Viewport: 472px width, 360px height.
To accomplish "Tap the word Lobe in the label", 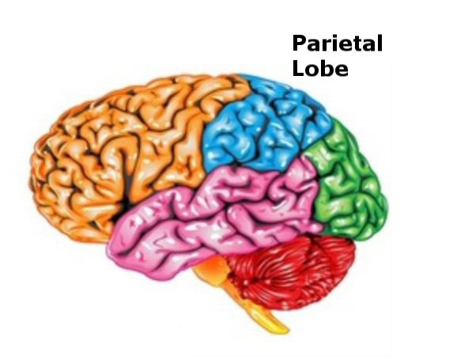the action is [320, 68].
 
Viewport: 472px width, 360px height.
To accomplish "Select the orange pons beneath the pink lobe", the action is [211, 268].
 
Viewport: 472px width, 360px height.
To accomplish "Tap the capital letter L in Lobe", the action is [298, 68].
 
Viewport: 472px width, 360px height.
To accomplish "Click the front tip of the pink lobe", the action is [109, 250].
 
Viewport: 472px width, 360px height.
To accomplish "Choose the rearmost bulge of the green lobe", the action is [386, 208].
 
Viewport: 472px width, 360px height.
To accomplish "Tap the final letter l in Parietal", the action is [380, 43].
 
